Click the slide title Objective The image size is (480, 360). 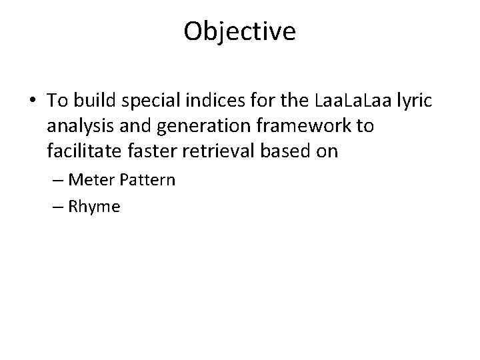click(240, 31)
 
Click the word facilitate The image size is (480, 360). click(82, 151)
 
